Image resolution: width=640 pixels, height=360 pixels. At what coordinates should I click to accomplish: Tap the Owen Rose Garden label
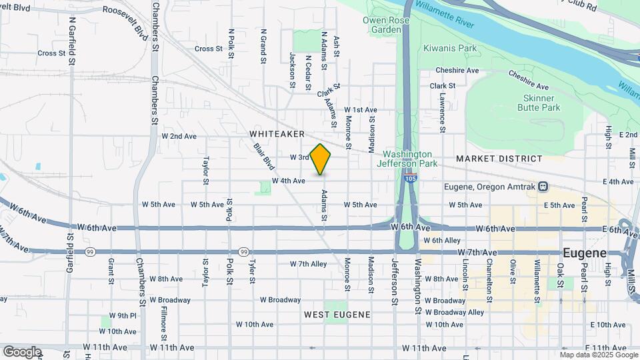381,25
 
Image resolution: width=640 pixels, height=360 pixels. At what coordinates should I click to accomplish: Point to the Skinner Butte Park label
538,103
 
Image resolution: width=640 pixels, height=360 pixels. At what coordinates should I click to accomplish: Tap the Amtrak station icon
543,186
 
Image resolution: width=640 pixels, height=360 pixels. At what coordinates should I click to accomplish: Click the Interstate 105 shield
411,179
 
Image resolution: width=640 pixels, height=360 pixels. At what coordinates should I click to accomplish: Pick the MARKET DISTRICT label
499,159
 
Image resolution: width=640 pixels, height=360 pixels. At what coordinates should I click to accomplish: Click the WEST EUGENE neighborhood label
337,313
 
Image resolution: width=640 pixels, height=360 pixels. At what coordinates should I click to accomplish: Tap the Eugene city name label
585,253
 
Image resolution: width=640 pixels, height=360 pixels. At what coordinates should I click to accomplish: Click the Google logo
22,351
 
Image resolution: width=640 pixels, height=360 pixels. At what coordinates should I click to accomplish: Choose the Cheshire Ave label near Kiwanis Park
457,70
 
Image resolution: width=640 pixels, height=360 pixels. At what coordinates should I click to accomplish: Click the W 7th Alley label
308,264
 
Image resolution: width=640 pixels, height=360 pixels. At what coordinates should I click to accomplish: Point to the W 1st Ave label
361,109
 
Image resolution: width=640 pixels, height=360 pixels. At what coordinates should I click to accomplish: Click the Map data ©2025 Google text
599,354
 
